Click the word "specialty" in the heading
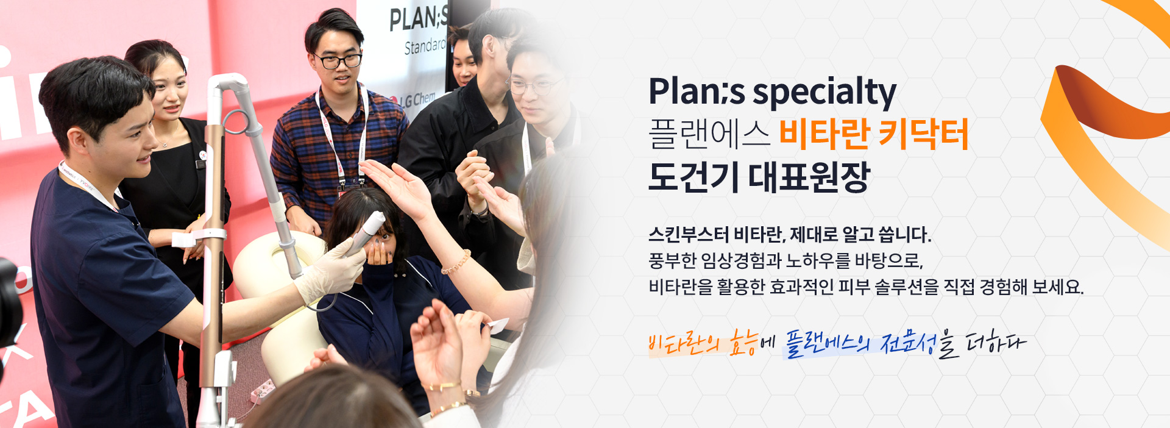824,93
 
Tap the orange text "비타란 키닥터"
874,135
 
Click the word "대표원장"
809,177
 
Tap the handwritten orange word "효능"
744,343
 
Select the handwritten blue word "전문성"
908,344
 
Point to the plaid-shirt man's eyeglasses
338,61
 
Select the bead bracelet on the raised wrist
456,262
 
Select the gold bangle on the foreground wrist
441,386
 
